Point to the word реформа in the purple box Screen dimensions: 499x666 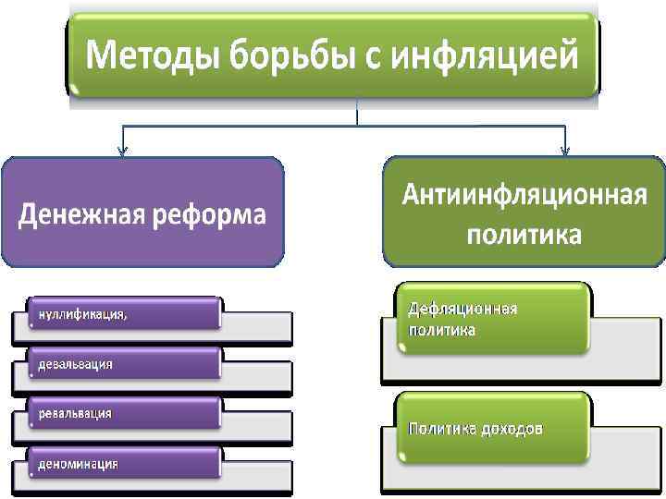coord(209,216)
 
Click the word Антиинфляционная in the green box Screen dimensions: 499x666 coord(524,196)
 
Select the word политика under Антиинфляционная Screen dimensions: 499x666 coord(524,235)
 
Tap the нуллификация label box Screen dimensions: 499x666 coord(125,313)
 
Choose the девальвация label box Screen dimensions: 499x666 coord(125,363)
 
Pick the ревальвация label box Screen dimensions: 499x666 coord(125,413)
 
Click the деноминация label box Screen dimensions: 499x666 coord(125,462)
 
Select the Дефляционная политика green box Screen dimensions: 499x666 coord(492,319)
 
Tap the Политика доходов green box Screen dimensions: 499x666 coord(492,428)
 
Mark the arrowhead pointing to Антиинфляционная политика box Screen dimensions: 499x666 coord(565,152)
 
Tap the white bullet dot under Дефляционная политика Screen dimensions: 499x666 coord(401,348)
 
